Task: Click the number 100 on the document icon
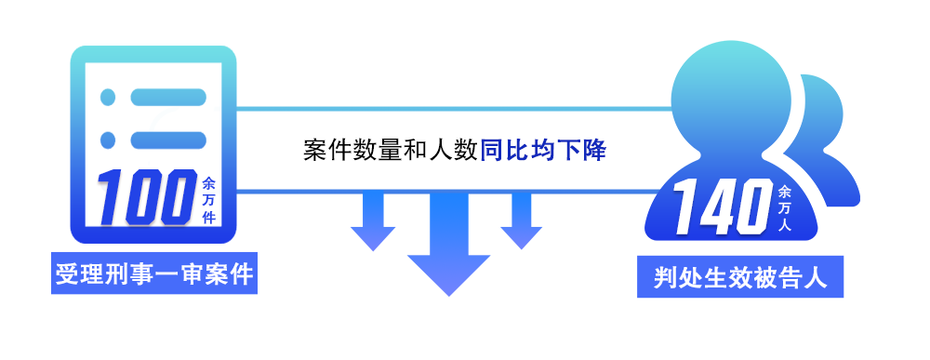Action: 145,195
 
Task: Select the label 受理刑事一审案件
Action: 154,275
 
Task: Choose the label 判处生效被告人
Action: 740,278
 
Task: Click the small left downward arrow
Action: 373,220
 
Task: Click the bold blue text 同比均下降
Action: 543,151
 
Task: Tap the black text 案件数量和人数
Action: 391,151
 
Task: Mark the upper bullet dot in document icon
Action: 108,97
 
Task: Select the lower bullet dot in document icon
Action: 108,140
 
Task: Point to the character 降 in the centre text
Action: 594,151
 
